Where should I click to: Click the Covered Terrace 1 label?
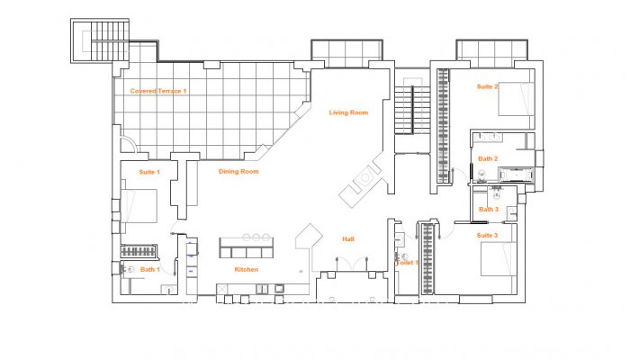point(158,91)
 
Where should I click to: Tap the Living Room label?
point(348,112)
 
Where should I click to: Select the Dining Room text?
point(238,171)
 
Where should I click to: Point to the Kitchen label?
point(247,270)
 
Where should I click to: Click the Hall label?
point(347,239)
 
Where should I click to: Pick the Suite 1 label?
point(148,171)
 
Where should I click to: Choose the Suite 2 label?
point(487,86)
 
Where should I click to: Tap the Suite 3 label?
point(487,235)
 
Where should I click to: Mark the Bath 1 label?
point(149,269)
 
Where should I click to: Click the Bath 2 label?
point(488,158)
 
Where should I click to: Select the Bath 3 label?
point(488,210)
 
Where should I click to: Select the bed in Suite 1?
point(139,205)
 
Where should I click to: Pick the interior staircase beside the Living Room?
point(409,109)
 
